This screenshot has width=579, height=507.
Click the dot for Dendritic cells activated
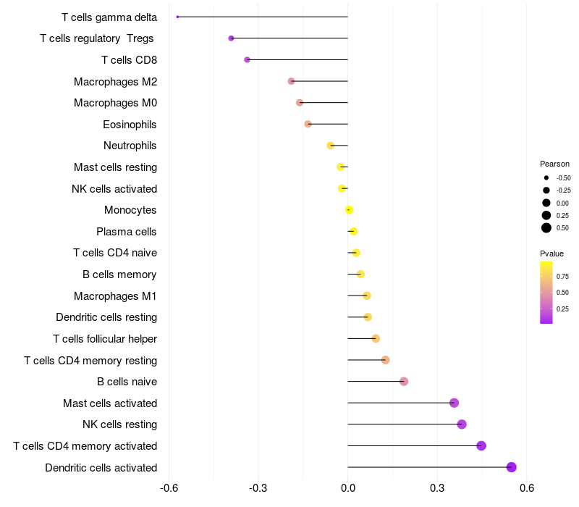point(512,467)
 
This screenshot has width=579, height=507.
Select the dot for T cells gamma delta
point(177,17)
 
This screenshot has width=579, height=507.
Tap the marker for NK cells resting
point(462,424)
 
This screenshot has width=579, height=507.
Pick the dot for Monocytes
point(349,210)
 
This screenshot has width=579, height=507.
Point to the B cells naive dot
point(404,382)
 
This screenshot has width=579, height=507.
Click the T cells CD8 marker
point(247,59)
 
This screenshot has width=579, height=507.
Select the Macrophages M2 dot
point(291,81)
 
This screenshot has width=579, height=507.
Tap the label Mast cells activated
point(110,403)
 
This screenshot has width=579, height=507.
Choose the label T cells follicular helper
point(105,339)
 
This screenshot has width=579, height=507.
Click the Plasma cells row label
point(127,232)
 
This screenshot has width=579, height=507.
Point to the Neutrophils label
point(130,146)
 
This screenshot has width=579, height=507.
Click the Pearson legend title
point(554,164)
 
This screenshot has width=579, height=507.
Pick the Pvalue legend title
point(551,253)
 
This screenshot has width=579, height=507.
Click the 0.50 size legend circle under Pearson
point(546,228)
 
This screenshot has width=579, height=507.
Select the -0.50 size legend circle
point(546,177)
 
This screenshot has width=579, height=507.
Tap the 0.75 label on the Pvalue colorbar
point(562,276)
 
